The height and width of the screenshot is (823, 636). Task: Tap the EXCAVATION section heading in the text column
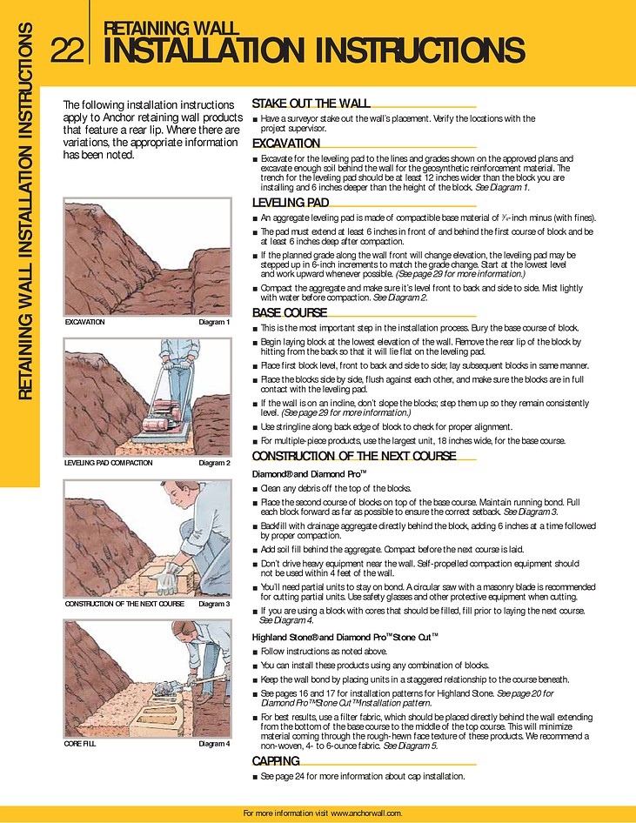[x=286, y=144]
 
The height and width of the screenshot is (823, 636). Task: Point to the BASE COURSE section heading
[x=289, y=313]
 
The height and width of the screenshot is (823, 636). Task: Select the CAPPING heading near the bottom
[x=276, y=761]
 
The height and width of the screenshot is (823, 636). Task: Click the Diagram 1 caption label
[x=214, y=322]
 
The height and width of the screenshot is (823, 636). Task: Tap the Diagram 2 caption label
[x=214, y=463]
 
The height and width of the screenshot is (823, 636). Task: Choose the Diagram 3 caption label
[x=214, y=604]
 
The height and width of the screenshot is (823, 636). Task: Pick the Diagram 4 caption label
[x=214, y=744]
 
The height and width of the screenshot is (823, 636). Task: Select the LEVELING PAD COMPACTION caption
[x=109, y=463]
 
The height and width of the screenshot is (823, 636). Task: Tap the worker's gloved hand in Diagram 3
[x=171, y=572]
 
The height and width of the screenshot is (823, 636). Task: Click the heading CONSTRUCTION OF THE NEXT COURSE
[x=353, y=457]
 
